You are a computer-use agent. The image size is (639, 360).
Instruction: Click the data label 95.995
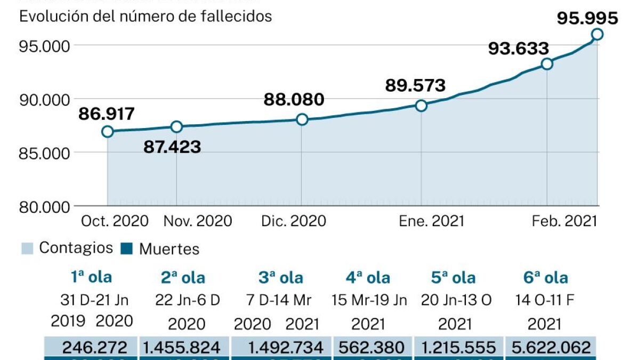587,18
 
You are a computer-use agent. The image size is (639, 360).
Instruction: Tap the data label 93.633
519,49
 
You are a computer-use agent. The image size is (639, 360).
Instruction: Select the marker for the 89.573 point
421,106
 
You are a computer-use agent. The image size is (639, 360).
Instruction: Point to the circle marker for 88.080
302,119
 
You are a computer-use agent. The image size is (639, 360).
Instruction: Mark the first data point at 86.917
108,131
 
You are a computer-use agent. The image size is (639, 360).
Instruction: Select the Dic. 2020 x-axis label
294,221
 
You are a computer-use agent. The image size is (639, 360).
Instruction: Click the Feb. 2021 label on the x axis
564,221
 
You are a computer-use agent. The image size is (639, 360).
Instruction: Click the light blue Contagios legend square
28,248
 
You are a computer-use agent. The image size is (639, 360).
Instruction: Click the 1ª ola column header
91,277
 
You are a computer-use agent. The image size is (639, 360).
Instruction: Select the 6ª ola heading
546,277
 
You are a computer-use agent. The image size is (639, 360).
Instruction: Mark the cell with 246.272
94,348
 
